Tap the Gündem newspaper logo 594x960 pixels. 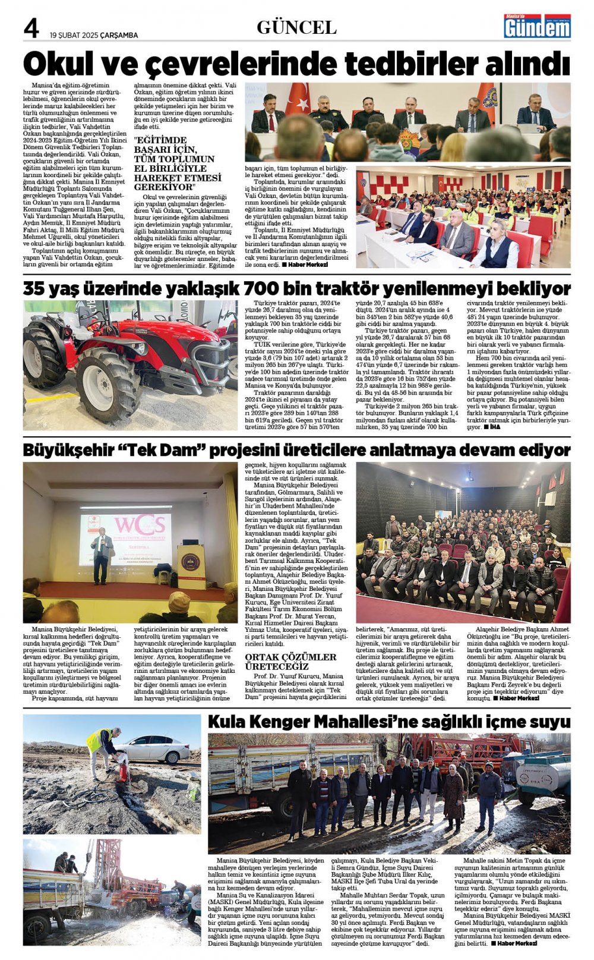(537, 26)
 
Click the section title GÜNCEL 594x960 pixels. (296, 27)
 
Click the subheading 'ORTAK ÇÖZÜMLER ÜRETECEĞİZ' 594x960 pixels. (290, 662)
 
